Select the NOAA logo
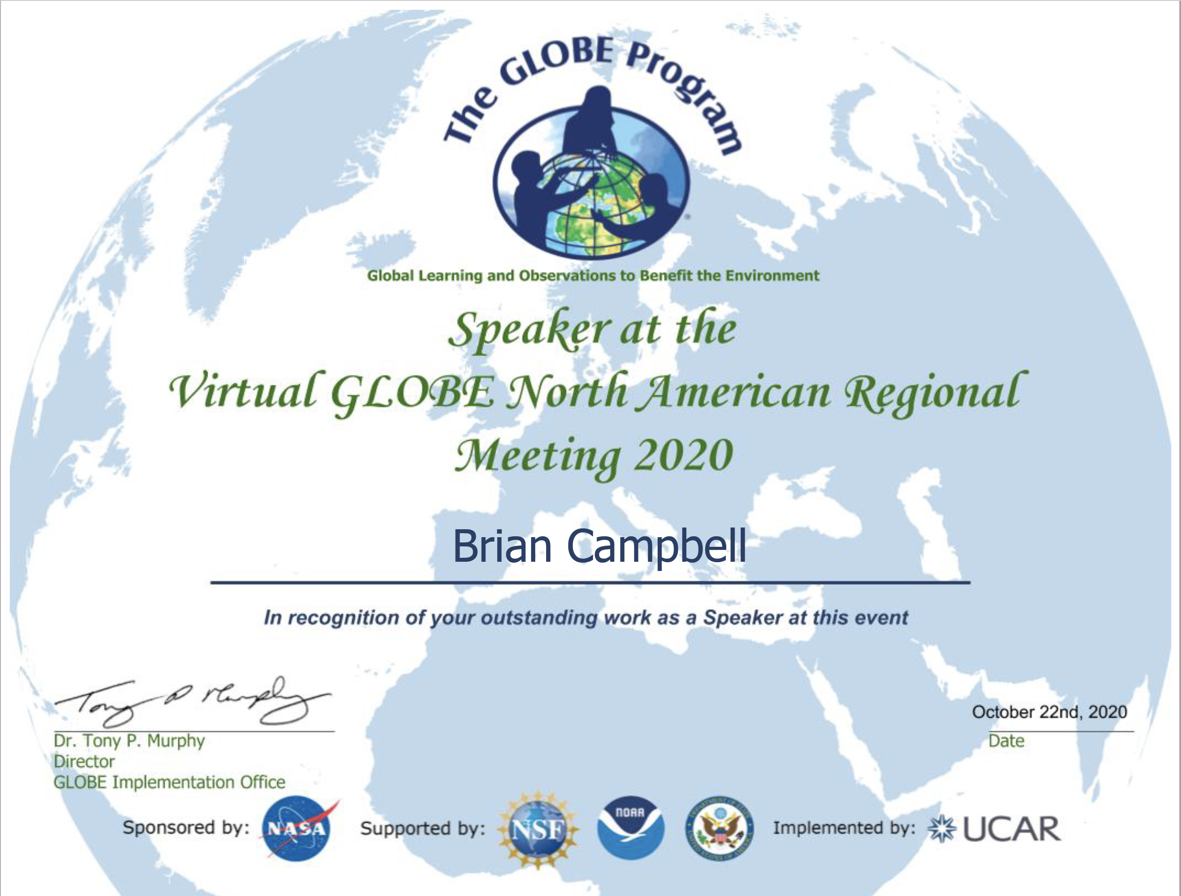pos(630,827)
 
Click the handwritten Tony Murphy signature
pos(192,702)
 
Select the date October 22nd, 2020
pos(1049,712)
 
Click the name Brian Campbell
pos(599,546)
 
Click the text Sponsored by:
pos(186,827)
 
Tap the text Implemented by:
pos(844,827)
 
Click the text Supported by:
pos(423,828)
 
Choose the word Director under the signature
pos(84,762)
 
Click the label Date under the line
pos(1007,741)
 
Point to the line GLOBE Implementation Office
pos(169,782)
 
